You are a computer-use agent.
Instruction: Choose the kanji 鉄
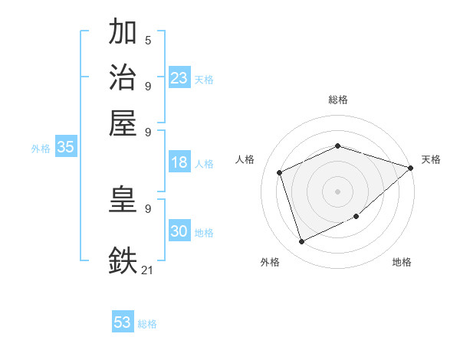(123, 259)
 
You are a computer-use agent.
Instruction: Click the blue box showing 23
(179, 78)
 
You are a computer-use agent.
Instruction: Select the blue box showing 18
(179, 162)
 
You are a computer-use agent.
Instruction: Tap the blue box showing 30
(179, 231)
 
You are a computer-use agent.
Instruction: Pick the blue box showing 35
(65, 148)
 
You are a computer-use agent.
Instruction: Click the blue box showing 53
(122, 322)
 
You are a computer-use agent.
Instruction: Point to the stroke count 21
(148, 269)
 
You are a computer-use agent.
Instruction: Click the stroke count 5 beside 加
(148, 41)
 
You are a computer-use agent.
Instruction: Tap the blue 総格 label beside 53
(147, 324)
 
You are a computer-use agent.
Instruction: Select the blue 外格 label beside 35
(41, 149)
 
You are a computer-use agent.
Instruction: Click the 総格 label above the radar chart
(337, 100)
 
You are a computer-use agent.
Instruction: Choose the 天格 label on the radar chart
(431, 159)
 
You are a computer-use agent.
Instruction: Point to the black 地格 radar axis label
(402, 262)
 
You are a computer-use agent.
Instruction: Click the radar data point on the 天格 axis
(410, 168)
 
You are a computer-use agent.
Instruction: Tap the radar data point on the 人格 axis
(280, 172)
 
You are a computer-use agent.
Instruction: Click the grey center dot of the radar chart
(337, 191)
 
